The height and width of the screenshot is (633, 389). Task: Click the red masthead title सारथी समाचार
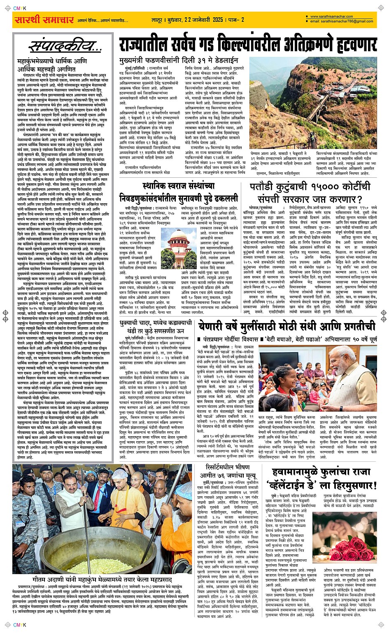coord(44,20)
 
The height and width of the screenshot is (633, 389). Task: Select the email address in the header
coord(342,21)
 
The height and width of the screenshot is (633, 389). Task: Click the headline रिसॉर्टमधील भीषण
coord(228,467)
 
